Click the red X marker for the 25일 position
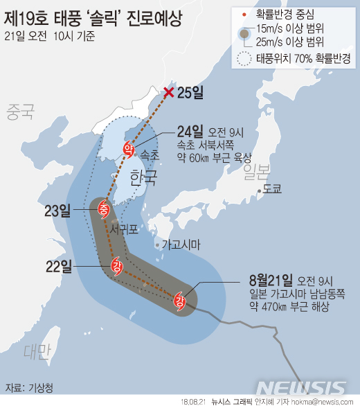168,94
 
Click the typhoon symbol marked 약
128,148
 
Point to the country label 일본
255,171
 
